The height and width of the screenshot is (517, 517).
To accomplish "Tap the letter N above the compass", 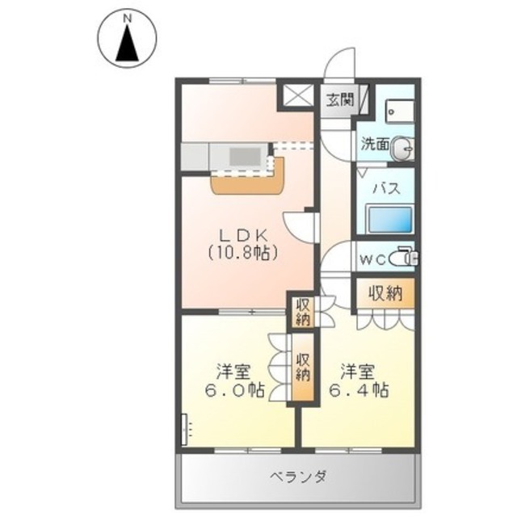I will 126,15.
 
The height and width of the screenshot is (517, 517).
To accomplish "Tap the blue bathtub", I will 389,220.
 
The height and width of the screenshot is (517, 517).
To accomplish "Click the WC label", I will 372,258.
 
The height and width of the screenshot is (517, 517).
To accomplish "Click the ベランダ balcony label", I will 297,476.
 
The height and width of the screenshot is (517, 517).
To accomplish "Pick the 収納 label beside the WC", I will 385,292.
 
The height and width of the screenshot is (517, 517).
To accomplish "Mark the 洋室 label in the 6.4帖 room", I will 359,371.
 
